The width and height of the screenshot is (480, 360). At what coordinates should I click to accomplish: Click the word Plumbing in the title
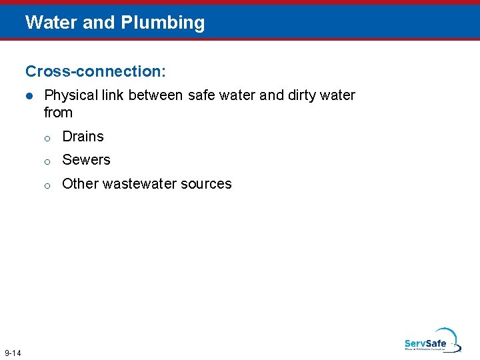pyautogui.click(x=163, y=23)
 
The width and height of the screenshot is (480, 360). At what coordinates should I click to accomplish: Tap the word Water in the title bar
pyautogui.click(x=51, y=23)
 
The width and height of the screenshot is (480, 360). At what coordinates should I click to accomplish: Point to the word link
pyautogui.click(x=112, y=95)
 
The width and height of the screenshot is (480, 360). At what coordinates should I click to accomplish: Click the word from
pyautogui.click(x=58, y=113)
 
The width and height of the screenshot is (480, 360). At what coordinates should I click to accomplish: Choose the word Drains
pyautogui.click(x=83, y=137)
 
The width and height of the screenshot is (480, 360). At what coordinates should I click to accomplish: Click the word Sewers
pyautogui.click(x=86, y=160)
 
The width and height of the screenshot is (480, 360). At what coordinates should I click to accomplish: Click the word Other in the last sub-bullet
pyautogui.click(x=78, y=184)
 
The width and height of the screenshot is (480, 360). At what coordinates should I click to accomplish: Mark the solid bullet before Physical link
pyautogui.click(x=29, y=96)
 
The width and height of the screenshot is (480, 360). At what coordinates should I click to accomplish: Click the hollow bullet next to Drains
pyautogui.click(x=47, y=138)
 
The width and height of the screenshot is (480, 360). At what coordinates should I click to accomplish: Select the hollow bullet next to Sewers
pyautogui.click(x=47, y=161)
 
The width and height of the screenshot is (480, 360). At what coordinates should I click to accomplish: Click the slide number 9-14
pyautogui.click(x=13, y=352)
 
